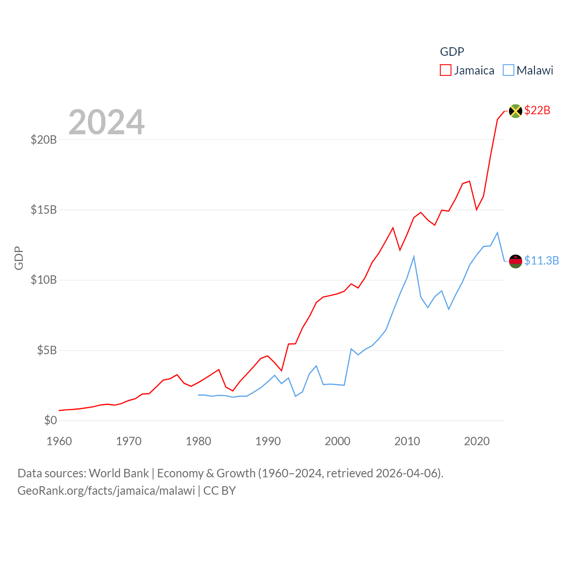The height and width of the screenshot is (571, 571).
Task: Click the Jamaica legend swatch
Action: tap(445, 70)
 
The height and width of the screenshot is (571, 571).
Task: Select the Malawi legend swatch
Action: tap(508, 70)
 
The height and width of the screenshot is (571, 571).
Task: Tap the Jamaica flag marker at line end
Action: tap(515, 111)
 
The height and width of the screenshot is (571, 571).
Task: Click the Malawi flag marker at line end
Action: tap(515, 261)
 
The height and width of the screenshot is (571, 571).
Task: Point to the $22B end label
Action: tap(537, 110)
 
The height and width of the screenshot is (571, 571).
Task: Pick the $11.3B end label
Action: tap(542, 261)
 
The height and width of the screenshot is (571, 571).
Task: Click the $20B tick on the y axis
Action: tap(44, 140)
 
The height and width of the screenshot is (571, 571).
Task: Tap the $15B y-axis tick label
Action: tap(44, 210)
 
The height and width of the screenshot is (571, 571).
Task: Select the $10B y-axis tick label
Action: tap(44, 280)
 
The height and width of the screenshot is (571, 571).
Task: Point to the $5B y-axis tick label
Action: tap(47, 350)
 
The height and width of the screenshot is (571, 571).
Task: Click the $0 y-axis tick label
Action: tap(50, 420)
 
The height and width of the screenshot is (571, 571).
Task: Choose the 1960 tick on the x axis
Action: tap(59, 441)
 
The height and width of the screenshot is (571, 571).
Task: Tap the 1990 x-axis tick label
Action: tap(268, 441)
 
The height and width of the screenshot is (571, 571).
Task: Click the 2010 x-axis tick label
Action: tap(407, 441)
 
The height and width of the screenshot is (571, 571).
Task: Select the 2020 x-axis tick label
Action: tap(477, 441)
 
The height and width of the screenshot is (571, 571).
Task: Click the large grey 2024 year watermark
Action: tap(107, 122)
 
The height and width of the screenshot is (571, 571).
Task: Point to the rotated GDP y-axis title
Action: tap(19, 258)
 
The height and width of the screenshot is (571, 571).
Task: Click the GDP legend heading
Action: tap(452, 52)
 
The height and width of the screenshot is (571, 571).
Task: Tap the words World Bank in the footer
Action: tap(119, 473)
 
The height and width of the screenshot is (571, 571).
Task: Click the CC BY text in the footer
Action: tap(219, 491)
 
